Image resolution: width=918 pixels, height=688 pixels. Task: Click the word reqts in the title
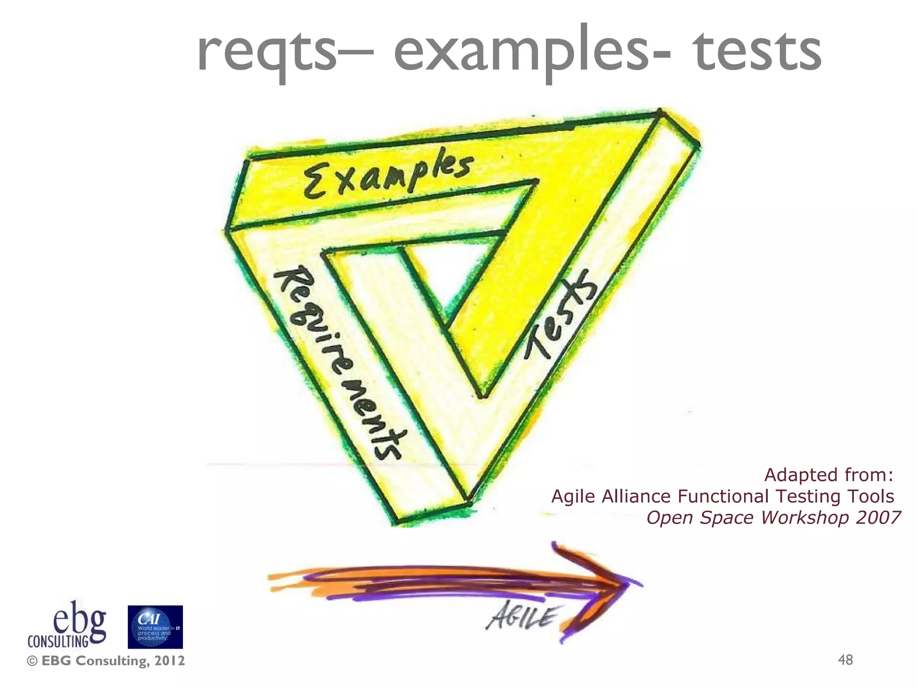pos(267,52)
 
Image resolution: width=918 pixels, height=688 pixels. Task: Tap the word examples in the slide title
pos(520,52)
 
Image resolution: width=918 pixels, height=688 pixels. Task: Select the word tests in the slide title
pos(758,52)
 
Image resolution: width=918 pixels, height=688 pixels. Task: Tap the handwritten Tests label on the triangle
pos(560,314)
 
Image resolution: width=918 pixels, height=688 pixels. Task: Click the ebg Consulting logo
pos(67,625)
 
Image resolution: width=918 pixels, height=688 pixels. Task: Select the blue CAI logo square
pos(155,627)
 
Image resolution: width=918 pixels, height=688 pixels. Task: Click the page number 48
pos(845,660)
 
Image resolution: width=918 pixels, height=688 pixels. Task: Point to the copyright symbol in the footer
pos(32,661)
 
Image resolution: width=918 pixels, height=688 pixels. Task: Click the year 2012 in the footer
pos(169,661)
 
